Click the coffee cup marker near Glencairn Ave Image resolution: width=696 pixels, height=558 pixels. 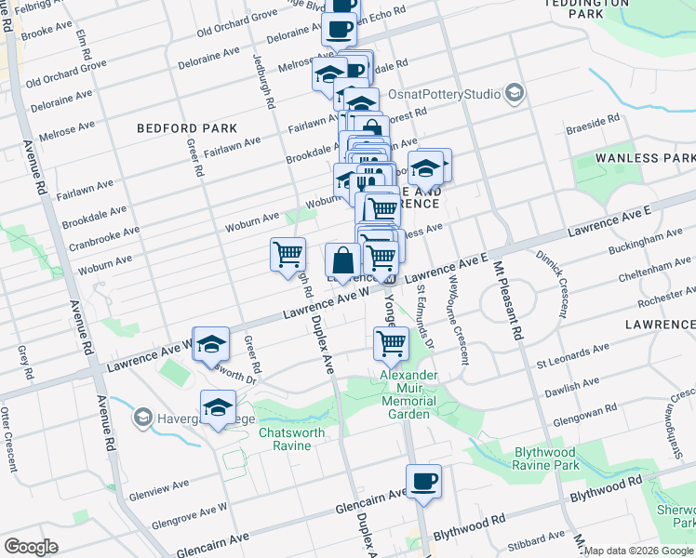coord(423,482)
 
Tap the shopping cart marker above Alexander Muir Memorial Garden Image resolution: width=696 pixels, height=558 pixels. coord(391,344)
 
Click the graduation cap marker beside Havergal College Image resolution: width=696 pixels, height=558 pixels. coord(218,407)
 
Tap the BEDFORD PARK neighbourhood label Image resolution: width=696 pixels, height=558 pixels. coord(186,128)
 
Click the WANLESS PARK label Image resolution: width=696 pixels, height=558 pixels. coord(648,158)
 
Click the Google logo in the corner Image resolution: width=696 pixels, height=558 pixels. coord(31,547)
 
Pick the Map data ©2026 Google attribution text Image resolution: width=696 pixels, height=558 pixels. coord(638,551)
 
